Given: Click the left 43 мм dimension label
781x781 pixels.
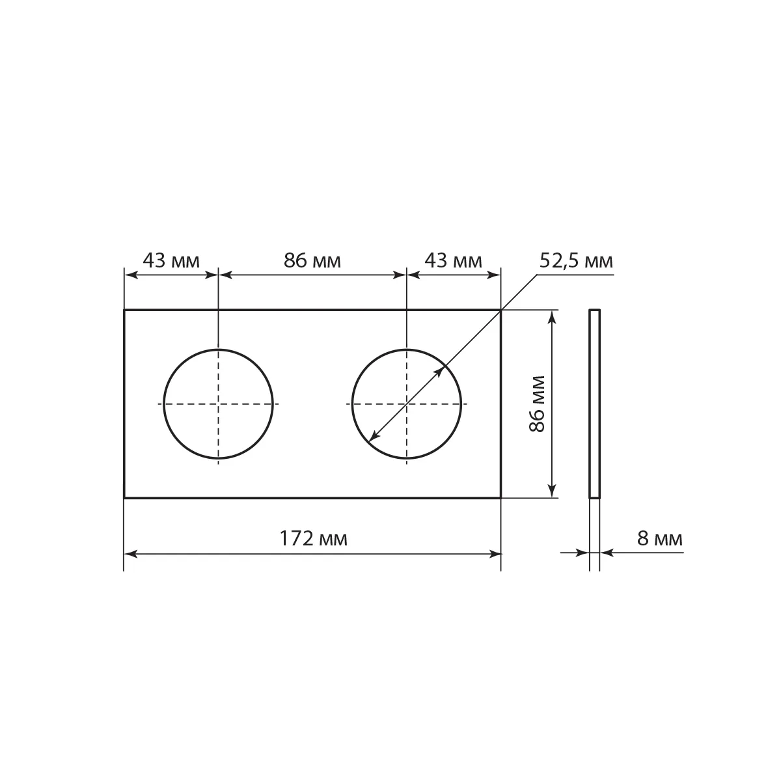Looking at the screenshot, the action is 171,260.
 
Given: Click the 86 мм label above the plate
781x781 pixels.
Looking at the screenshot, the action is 312,260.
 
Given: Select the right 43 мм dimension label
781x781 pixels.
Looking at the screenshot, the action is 453,260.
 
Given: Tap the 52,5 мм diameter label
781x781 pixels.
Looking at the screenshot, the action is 576,262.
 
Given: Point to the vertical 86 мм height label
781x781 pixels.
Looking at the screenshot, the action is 538,404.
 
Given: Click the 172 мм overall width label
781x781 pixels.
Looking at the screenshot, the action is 313,539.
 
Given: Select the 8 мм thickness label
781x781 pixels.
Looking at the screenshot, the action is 660,539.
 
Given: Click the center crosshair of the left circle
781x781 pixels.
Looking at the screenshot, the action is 219,404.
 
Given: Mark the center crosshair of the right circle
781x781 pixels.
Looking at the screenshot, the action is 407,404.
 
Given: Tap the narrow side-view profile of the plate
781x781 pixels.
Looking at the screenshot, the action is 595,404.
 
